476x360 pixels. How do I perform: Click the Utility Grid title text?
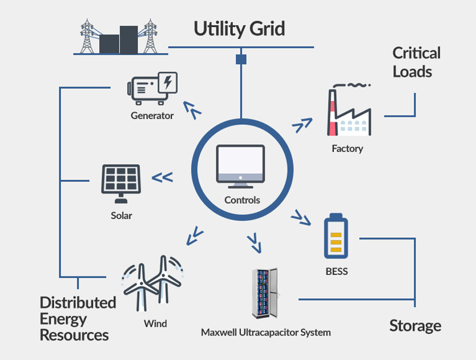coord(239,28)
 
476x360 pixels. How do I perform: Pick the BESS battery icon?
coord(336,237)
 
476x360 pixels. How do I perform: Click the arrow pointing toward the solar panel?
coord(162,177)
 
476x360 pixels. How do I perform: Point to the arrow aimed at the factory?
coord(303,125)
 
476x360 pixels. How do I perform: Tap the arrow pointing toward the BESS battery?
coord(301,218)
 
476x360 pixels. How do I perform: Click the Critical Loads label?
coord(416,62)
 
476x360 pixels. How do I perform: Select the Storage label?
coord(415,326)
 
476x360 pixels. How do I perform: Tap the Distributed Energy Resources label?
coord(77,319)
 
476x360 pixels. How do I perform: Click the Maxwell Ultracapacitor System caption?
coord(266,332)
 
